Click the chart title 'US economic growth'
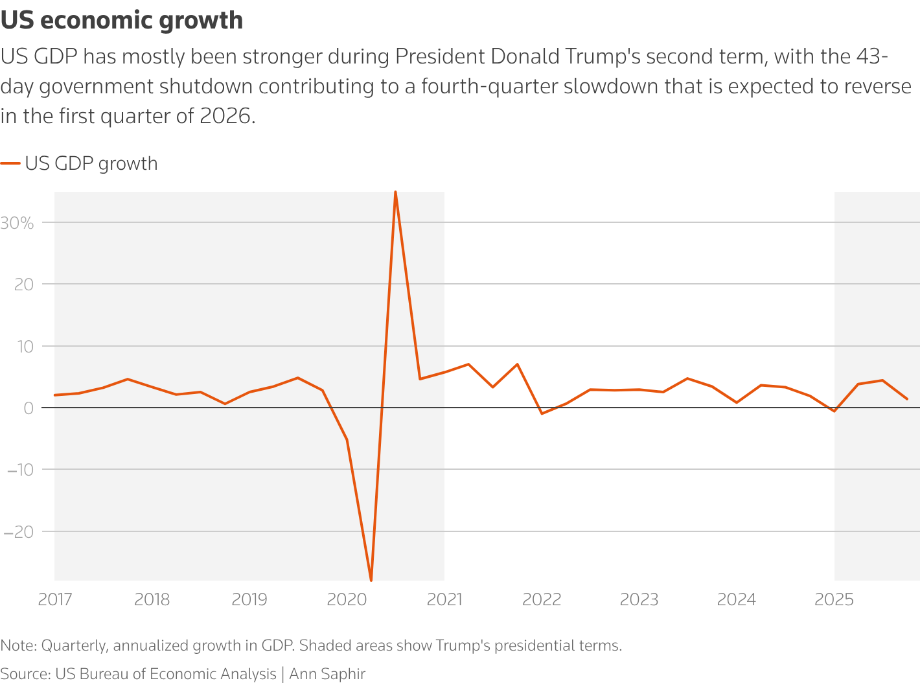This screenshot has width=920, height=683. pyautogui.click(x=122, y=21)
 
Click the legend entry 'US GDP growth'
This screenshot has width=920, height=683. pyautogui.click(x=91, y=163)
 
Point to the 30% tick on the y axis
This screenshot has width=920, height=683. pyautogui.click(x=17, y=223)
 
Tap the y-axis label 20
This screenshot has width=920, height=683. pyautogui.click(x=24, y=284)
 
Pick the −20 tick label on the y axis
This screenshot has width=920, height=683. pyautogui.click(x=19, y=532)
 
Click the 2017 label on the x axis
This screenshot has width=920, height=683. pyautogui.click(x=55, y=599)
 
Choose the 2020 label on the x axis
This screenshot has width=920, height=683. pyautogui.click(x=347, y=599)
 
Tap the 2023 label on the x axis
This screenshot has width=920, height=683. pyautogui.click(x=639, y=599)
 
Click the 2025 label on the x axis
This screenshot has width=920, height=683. pyautogui.click(x=834, y=599)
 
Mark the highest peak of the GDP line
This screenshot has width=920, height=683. pyautogui.click(x=395, y=192)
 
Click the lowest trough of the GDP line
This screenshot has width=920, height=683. pyautogui.click(x=371, y=580)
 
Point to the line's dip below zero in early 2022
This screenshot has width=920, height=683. pyautogui.click(x=542, y=413)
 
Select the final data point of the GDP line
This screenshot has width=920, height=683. pyautogui.click(x=907, y=399)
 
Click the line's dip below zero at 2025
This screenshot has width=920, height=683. pyautogui.click(x=834, y=411)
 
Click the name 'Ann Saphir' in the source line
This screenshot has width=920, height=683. pyautogui.click(x=327, y=674)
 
